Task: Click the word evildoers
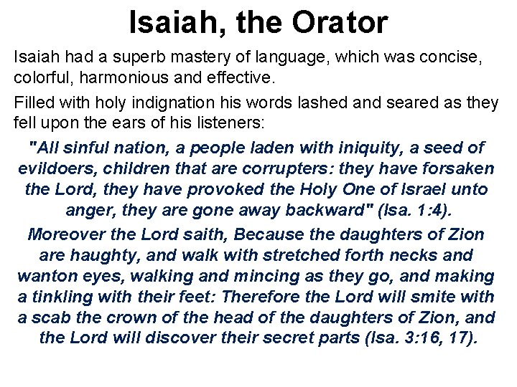pyautogui.click(x=52, y=169)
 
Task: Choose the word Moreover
pyautogui.click(x=62, y=234)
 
